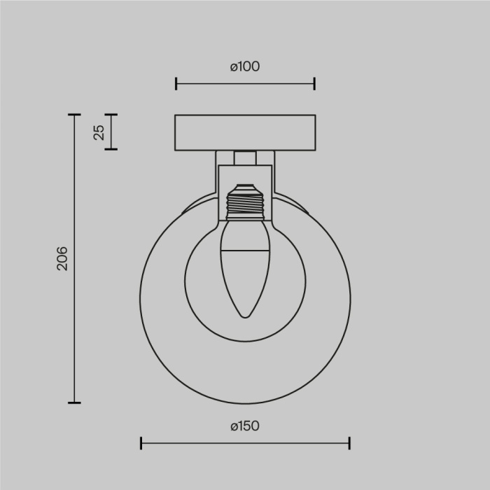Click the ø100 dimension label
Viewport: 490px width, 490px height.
244,66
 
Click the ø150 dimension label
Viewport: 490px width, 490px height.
244,426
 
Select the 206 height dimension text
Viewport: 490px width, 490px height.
62,258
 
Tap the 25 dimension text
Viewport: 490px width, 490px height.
99,132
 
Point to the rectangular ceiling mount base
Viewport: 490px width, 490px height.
245,132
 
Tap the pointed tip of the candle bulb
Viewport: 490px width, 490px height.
244,316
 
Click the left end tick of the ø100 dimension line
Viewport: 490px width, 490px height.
176,84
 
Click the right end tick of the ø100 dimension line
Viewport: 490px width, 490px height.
314,84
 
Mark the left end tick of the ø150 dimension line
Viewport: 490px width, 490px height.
141,442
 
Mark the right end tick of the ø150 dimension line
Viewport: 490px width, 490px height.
349,442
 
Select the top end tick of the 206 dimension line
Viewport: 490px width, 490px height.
74,115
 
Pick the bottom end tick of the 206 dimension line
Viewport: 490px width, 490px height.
74,402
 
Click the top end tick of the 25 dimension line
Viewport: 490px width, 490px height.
110,115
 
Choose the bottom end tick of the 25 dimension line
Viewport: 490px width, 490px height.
110,148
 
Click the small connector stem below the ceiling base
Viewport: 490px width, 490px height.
244,157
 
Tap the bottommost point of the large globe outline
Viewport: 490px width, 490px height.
245,404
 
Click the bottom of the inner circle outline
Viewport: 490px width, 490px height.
245,342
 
